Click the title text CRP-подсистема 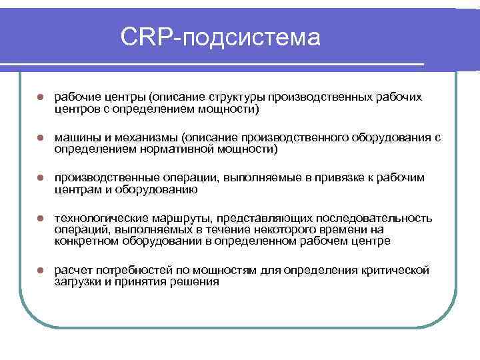pyautogui.click(x=221, y=37)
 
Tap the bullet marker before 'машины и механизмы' pyautogui.click(x=40, y=138)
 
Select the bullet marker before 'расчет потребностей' pyautogui.click(x=40, y=271)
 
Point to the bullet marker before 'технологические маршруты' pyautogui.click(x=40, y=219)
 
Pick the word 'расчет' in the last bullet pyautogui.click(x=73, y=271)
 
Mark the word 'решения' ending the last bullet pyautogui.click(x=195, y=282)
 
